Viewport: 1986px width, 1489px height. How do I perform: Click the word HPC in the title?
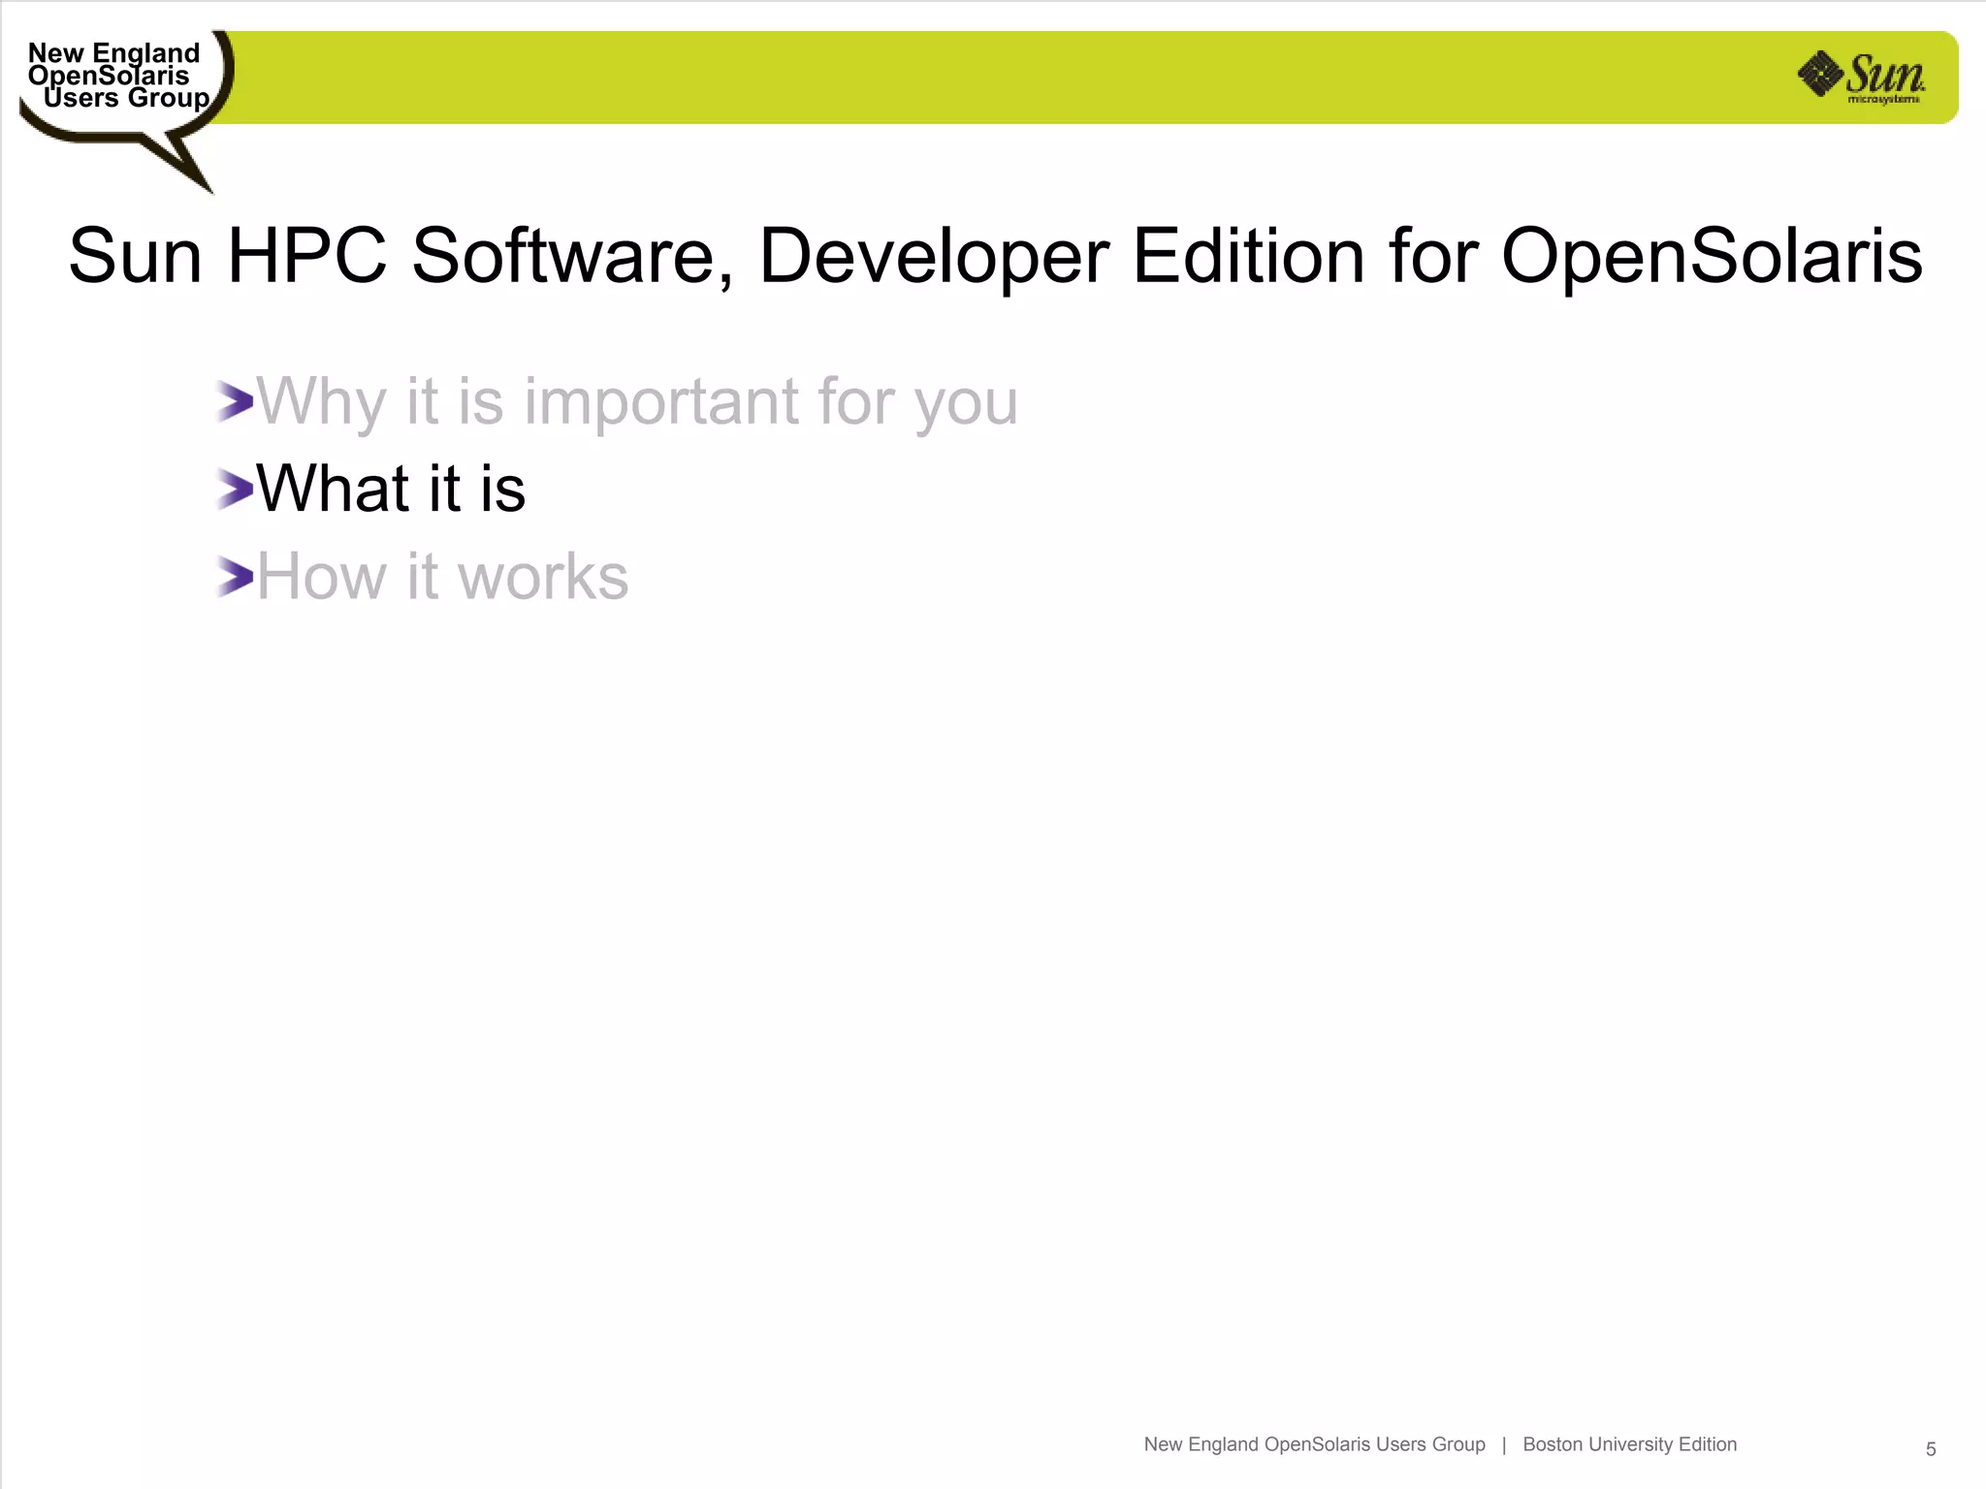coord(306,256)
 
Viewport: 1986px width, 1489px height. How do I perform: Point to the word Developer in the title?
coord(933,256)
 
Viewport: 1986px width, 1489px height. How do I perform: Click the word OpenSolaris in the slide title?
coord(1712,256)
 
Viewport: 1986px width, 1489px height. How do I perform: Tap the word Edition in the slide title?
coord(1249,256)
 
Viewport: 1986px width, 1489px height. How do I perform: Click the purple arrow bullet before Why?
coord(235,401)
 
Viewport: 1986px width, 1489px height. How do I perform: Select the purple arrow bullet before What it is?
coord(235,489)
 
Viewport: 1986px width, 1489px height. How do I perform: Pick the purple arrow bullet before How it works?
coord(235,577)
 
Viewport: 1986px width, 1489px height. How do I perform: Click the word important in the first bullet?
coord(661,401)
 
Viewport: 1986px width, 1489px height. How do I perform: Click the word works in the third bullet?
coord(543,577)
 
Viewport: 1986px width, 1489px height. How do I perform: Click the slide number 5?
coord(1931,1449)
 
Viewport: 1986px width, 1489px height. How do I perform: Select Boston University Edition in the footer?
coord(1629,1444)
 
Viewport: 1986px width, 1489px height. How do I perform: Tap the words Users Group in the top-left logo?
coord(126,99)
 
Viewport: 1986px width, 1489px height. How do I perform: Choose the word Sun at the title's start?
coord(135,256)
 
